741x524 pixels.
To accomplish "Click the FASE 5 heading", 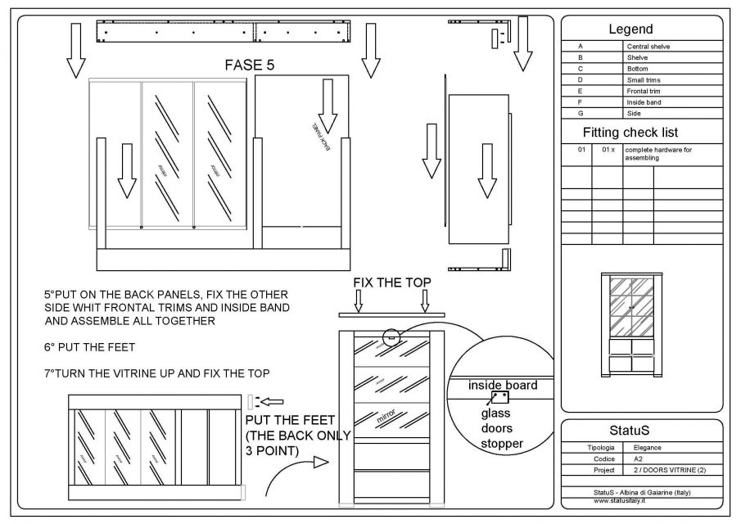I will click(249, 65).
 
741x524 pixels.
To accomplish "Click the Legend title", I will click(642, 29).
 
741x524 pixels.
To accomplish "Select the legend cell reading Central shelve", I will click(648, 47).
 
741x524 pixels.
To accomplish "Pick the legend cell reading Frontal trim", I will click(644, 91).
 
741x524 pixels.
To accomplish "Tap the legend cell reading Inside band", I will click(644, 102).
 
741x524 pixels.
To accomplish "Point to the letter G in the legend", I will click(580, 114).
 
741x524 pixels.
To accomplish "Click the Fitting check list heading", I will click(642, 132).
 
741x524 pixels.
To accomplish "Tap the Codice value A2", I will click(639, 459).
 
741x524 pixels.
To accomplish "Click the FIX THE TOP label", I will click(391, 283).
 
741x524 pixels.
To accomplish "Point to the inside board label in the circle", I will click(503, 385).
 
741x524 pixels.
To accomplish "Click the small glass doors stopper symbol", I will click(499, 397).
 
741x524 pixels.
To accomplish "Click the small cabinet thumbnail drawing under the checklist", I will click(631, 323).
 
